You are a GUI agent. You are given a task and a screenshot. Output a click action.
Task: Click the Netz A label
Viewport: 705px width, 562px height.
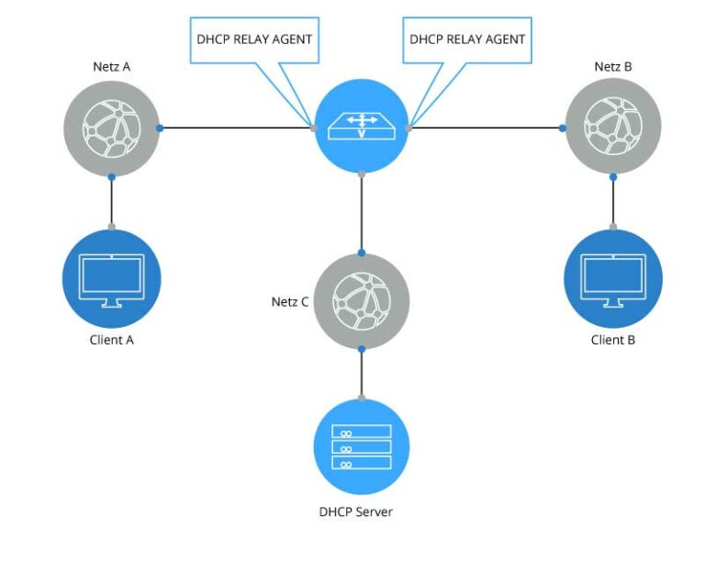[110, 68]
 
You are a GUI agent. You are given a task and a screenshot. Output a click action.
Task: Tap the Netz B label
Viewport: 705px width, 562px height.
[612, 68]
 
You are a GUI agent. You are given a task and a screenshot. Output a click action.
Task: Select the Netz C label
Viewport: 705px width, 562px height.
[290, 301]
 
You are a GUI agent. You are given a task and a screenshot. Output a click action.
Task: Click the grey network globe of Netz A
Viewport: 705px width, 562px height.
[111, 128]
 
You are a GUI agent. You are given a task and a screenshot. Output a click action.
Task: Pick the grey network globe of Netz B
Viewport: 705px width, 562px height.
[612, 128]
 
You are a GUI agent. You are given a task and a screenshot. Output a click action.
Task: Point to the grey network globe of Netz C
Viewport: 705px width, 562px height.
[362, 301]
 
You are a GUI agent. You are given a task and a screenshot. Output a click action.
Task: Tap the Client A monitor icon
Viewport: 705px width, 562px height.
[111, 277]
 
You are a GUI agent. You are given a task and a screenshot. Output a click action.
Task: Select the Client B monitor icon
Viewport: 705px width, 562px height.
[612, 278]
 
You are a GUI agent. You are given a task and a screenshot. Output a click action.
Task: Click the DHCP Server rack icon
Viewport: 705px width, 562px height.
[362, 446]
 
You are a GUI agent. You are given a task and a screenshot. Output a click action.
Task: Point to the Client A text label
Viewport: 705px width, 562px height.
[111, 340]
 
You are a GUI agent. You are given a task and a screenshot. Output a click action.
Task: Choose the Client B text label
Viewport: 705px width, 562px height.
[612, 340]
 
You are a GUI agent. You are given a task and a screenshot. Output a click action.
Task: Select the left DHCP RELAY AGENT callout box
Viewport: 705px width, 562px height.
[254, 39]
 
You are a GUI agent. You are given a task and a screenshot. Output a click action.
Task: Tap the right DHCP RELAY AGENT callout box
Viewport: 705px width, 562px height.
[467, 39]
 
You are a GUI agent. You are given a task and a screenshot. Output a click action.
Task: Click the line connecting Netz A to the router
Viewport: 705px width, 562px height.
[234, 128]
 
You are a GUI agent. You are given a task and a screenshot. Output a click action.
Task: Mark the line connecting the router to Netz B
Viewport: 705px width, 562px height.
[487, 128]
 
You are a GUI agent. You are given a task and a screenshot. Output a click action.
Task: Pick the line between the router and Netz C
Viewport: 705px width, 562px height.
[362, 212]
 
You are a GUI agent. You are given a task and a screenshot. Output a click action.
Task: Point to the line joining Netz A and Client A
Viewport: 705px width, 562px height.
[111, 201]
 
